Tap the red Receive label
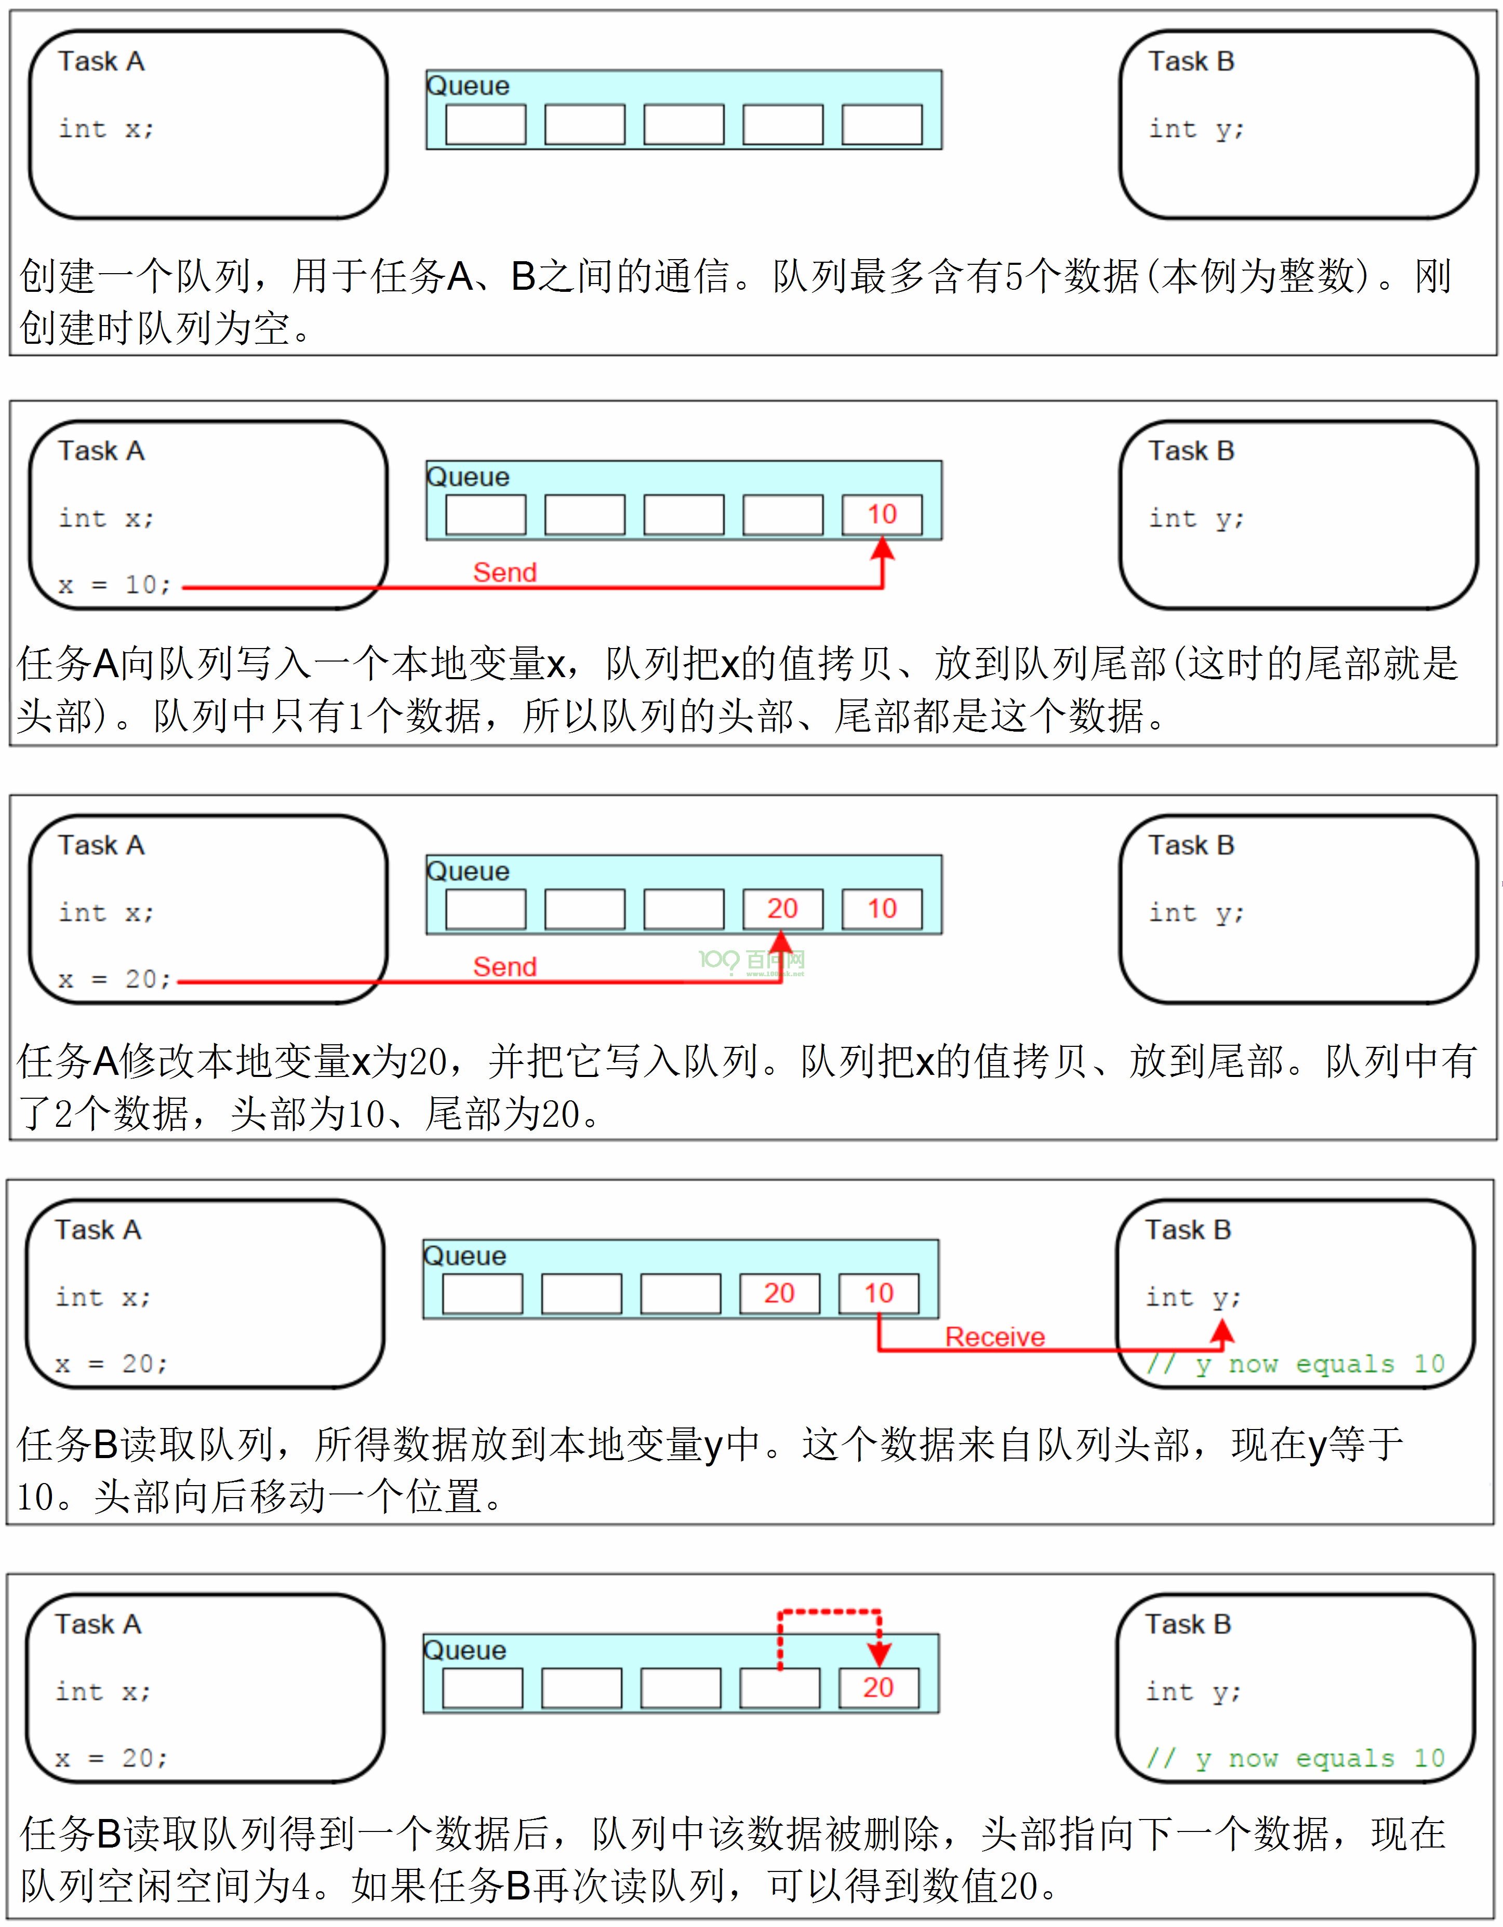(995, 1337)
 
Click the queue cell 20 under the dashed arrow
(878, 1687)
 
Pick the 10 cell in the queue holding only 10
(882, 515)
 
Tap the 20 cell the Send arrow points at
(782, 909)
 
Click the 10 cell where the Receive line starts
(878, 1293)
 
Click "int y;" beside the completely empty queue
(1196, 129)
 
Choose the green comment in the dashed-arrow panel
(1295, 1758)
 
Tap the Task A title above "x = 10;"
(101, 451)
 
